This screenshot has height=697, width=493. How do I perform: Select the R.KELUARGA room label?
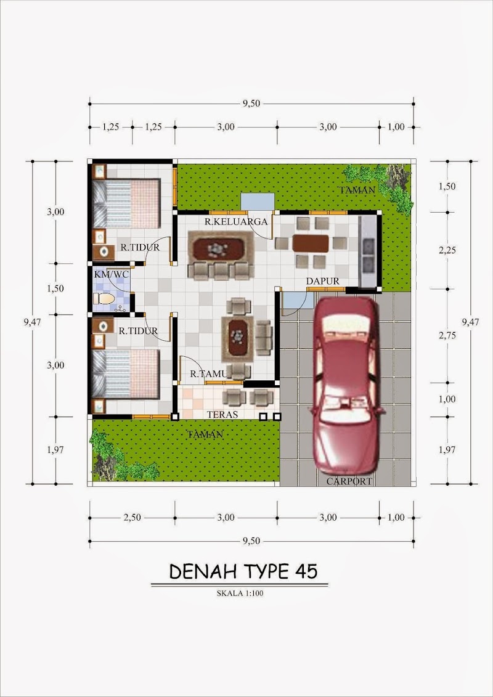(235, 221)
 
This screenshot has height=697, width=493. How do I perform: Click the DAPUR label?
(322, 282)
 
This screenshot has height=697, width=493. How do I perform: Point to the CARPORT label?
(349, 481)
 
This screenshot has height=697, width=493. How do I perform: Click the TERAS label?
(222, 414)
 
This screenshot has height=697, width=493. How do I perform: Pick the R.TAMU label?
(208, 374)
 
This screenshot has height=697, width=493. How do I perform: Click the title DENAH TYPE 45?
(243, 572)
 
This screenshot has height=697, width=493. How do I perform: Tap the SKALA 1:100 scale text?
(240, 592)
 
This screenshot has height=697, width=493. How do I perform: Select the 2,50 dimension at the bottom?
(132, 518)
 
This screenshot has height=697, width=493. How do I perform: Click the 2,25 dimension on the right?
(447, 250)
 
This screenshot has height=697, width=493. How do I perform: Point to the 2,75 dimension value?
(447, 336)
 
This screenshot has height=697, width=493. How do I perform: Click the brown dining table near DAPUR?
(311, 243)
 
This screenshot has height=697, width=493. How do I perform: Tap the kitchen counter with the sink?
(368, 251)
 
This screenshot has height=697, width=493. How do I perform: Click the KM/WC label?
(107, 274)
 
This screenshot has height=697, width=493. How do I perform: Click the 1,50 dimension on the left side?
(55, 288)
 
